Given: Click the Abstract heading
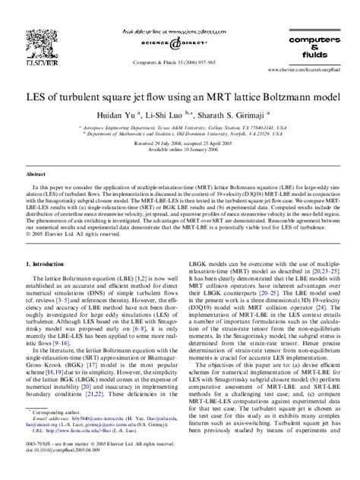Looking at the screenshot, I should coord(38,174).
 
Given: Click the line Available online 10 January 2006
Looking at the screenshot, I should coord(180,148).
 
